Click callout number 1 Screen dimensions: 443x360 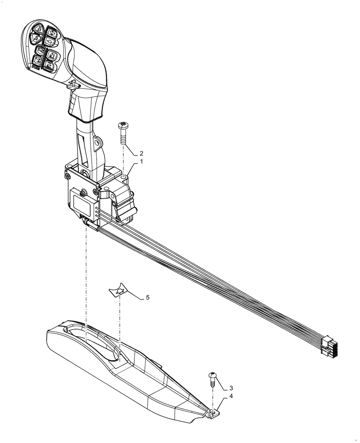[141, 162]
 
